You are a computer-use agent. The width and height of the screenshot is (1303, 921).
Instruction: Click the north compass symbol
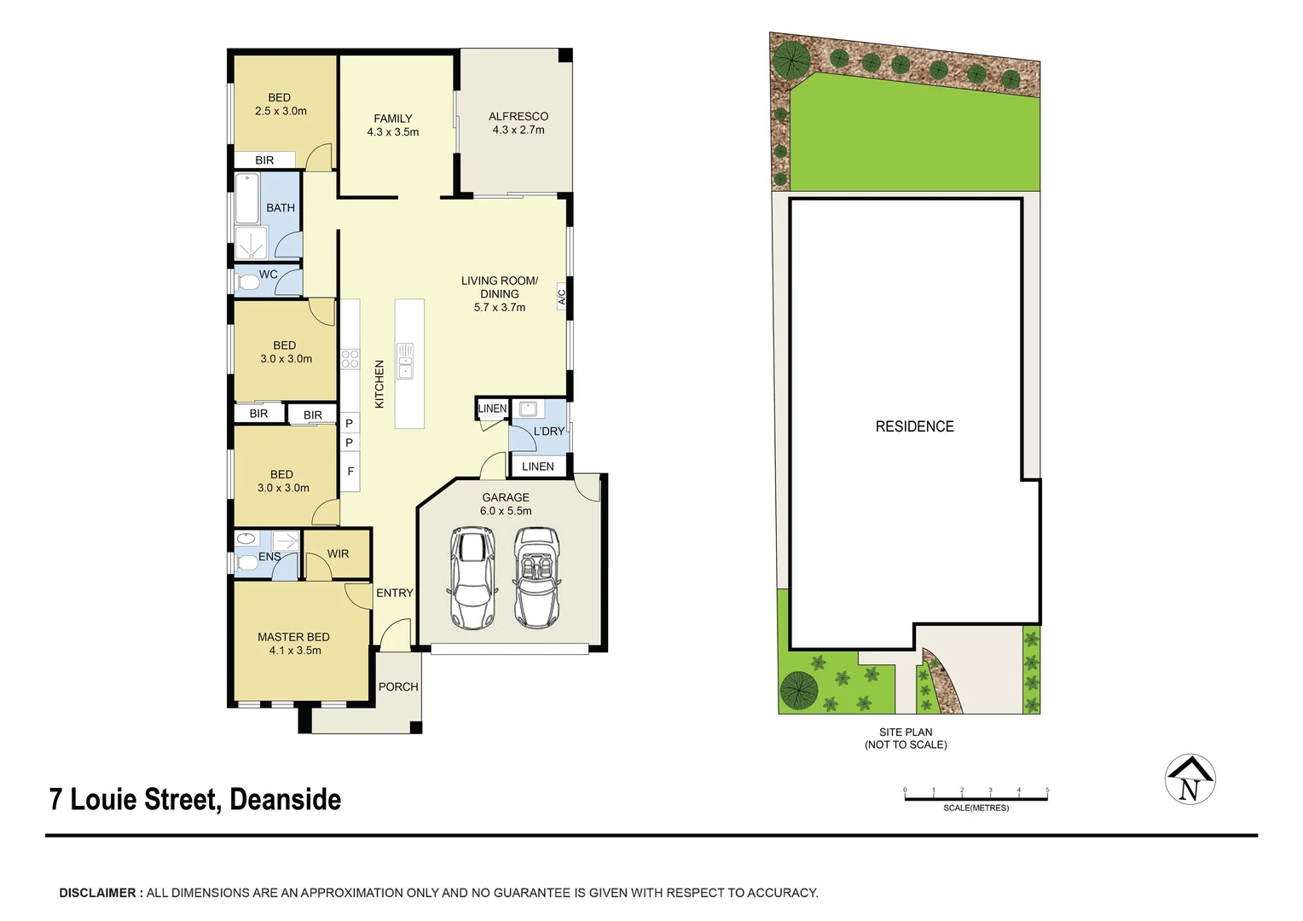point(1190,779)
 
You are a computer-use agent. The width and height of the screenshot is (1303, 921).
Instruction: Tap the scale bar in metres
point(976,798)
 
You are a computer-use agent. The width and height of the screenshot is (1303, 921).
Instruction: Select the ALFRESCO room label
point(518,117)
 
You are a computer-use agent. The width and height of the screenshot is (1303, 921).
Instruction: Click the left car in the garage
point(472,577)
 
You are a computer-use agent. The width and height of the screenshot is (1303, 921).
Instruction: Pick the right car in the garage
point(536,577)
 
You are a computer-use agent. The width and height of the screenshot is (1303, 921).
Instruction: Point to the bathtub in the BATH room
point(247,198)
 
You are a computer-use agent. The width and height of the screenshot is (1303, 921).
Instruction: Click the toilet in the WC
point(248,282)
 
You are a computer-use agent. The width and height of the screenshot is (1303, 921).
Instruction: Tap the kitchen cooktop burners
point(350,359)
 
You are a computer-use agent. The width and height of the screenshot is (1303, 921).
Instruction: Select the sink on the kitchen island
point(405,361)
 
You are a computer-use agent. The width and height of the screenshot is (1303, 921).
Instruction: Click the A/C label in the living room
point(562,297)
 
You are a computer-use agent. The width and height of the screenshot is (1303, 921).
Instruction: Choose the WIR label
point(338,553)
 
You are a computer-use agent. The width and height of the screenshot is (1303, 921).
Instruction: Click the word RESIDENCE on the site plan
point(914,426)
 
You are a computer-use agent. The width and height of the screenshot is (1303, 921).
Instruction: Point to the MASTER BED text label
point(293,637)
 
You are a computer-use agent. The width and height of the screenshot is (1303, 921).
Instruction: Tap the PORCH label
point(398,686)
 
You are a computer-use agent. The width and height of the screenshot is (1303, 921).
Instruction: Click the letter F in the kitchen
point(350,472)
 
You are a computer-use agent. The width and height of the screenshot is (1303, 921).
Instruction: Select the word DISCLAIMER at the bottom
point(97,893)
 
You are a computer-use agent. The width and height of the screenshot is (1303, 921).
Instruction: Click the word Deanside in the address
point(285,800)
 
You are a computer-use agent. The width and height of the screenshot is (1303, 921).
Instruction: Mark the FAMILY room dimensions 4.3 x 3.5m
point(392,132)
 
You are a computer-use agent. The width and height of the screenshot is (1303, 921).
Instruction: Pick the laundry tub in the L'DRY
point(526,408)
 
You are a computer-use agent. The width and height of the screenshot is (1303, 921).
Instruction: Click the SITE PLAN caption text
point(906,732)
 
